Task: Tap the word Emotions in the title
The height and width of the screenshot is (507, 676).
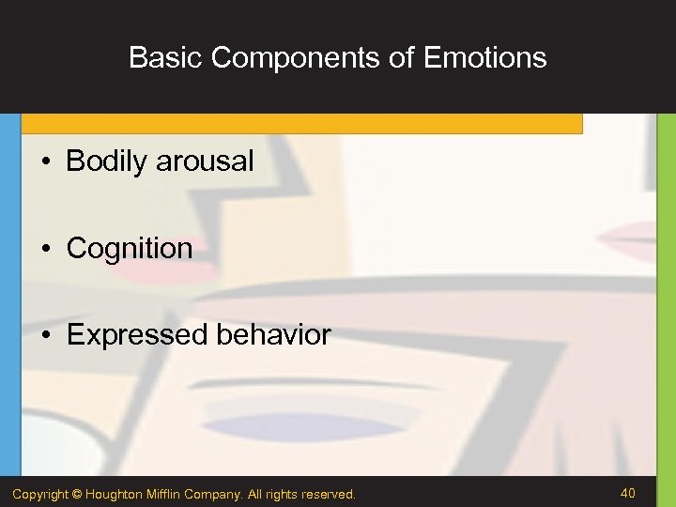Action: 484,58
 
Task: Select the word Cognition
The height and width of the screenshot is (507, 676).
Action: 130,249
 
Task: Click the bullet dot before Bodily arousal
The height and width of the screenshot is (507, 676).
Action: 45,162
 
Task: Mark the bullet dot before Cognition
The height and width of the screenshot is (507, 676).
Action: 45,249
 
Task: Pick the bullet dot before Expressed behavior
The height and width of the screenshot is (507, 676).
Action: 45,335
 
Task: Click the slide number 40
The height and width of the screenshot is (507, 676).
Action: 627,493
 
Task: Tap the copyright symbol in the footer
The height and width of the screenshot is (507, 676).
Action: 78,494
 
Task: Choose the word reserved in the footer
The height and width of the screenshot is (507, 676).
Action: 328,494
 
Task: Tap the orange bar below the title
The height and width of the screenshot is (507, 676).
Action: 300,124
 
